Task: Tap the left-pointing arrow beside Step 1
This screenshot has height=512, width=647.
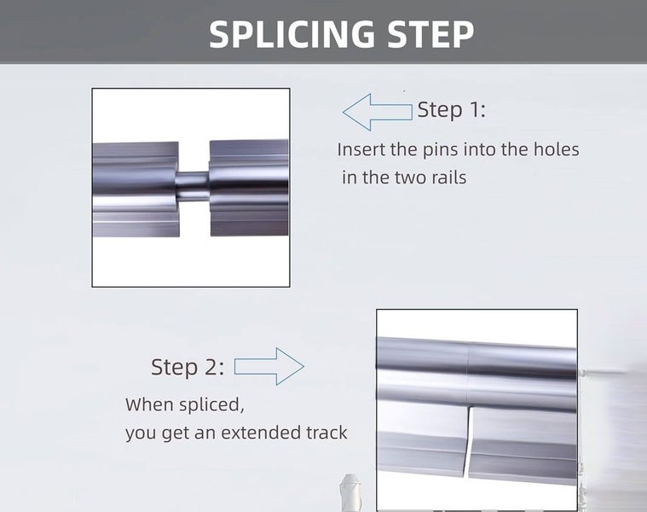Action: pyautogui.click(x=377, y=112)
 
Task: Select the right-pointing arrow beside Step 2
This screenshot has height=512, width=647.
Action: pyautogui.click(x=269, y=366)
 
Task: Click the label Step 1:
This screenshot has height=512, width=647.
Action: pyautogui.click(x=452, y=109)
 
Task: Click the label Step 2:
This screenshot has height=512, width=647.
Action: pyautogui.click(x=188, y=367)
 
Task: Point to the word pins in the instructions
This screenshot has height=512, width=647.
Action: pyautogui.click(x=439, y=150)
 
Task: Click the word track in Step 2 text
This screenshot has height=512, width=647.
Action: pyautogui.click(x=326, y=433)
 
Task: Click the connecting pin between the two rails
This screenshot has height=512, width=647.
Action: pyautogui.click(x=193, y=186)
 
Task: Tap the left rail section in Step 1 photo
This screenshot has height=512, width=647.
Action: pyautogui.click(x=136, y=189)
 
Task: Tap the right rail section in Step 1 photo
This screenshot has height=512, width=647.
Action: pyautogui.click(x=249, y=188)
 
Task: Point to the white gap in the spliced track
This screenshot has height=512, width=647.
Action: pyautogui.click(x=468, y=442)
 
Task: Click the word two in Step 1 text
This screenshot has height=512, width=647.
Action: pyautogui.click(x=411, y=177)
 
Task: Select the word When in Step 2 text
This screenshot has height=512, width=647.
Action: pyautogui.click(x=150, y=404)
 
